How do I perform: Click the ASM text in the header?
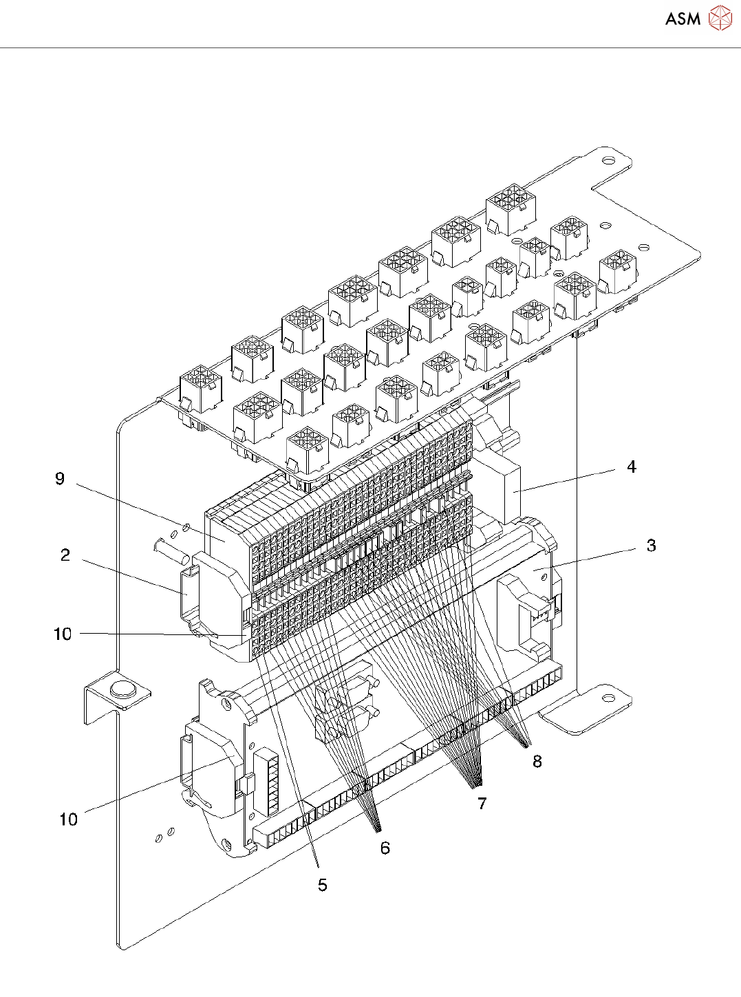(x=683, y=19)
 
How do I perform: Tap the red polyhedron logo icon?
(x=720, y=18)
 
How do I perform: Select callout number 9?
(x=60, y=479)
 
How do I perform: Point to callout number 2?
(x=65, y=555)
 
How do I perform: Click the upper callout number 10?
(x=63, y=634)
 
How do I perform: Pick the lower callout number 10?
(x=69, y=819)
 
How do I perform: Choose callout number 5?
(x=323, y=885)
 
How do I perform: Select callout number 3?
(x=651, y=546)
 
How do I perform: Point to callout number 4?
(x=632, y=467)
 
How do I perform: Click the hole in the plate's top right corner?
(x=609, y=160)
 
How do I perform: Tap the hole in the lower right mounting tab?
(x=608, y=698)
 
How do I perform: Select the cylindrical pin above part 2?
(x=171, y=552)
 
